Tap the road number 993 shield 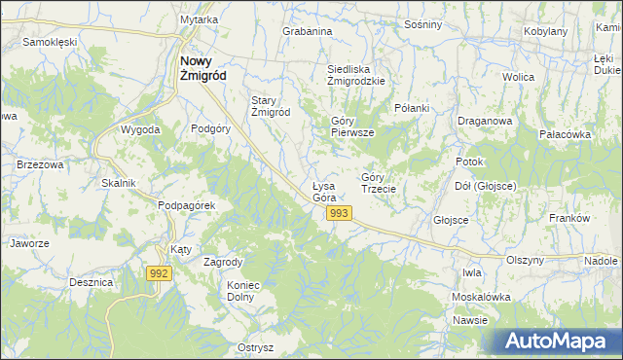[x=339, y=213]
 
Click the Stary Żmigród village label [x=272, y=106]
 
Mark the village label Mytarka [x=199, y=19]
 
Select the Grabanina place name [x=308, y=31]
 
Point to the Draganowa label [x=485, y=121]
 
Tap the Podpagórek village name [x=186, y=206]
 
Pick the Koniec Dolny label [x=246, y=292]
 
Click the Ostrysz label [x=255, y=347]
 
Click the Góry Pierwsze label [x=347, y=126]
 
